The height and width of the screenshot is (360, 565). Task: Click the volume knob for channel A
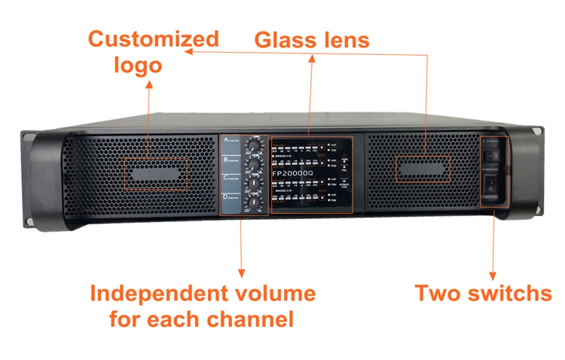tap(255, 145)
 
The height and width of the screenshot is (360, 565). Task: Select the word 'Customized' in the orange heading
tap(154, 39)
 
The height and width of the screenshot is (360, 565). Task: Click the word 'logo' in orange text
tap(138, 65)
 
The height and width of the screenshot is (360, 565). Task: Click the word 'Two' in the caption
tap(438, 293)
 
